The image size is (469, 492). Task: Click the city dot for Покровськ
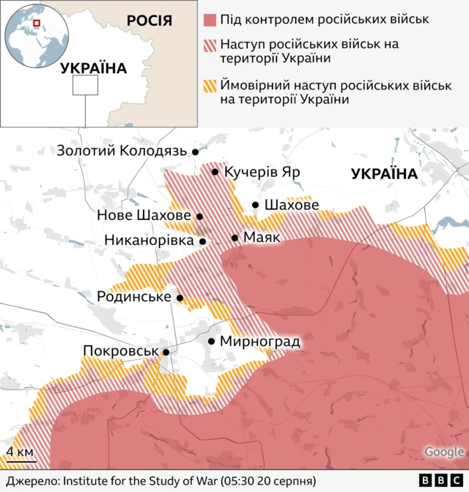(x=166, y=353)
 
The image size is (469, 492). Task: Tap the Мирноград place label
(x=260, y=342)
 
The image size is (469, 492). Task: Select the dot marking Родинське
(x=180, y=298)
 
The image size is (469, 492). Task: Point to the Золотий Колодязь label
(x=122, y=151)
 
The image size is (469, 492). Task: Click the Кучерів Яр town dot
(x=215, y=172)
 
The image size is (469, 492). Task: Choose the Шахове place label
(x=291, y=205)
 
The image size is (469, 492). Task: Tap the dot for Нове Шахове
(x=199, y=216)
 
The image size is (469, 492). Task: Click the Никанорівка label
(x=149, y=240)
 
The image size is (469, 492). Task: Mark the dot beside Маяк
(x=234, y=238)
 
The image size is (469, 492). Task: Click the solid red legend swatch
(x=210, y=20)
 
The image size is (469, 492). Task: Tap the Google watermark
(x=444, y=452)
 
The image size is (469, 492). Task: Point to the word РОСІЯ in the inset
(x=149, y=20)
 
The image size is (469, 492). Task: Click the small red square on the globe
(x=35, y=24)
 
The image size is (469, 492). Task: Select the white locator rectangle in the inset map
(x=85, y=85)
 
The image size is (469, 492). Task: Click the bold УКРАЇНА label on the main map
(x=384, y=174)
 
